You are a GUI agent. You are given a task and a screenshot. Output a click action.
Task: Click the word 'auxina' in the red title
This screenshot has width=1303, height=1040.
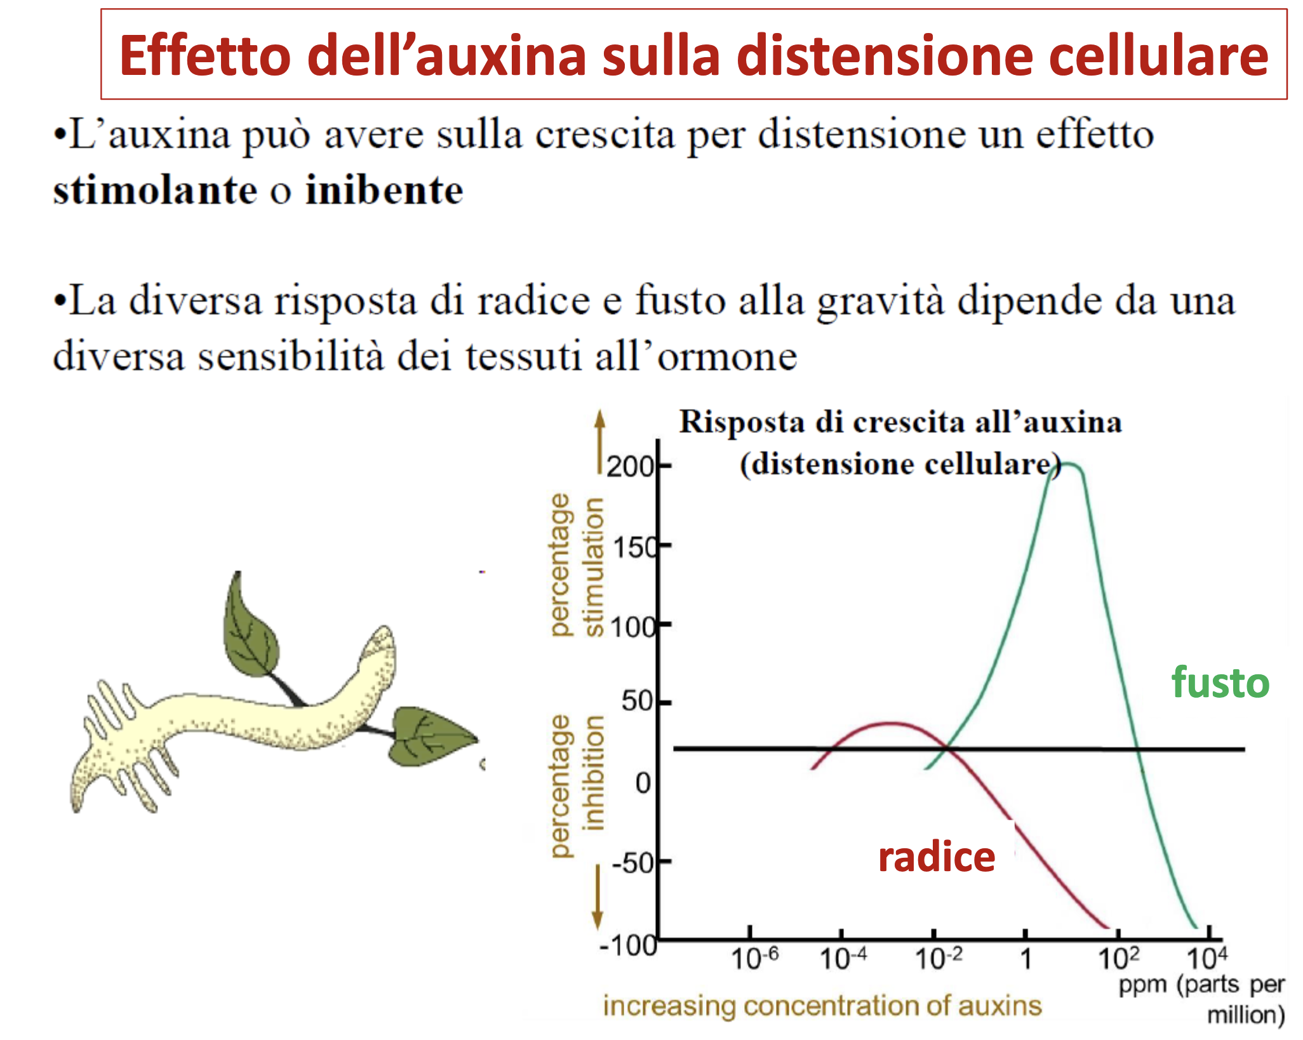pyautogui.click(x=500, y=56)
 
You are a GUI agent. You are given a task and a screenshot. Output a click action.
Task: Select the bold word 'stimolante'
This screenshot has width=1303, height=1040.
pyautogui.click(x=155, y=190)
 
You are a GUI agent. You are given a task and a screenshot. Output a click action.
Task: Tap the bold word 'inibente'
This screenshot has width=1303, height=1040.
pyautogui.click(x=384, y=190)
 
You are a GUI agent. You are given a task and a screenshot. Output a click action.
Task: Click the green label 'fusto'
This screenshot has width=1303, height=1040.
pyautogui.click(x=1220, y=683)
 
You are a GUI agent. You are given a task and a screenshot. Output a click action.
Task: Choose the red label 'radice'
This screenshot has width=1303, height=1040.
pyautogui.click(x=937, y=858)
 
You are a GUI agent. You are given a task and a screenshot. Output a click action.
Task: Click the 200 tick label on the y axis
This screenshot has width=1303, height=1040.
pyautogui.click(x=630, y=467)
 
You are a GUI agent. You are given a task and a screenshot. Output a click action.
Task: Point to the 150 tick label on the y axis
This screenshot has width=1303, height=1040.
pyautogui.click(x=633, y=547)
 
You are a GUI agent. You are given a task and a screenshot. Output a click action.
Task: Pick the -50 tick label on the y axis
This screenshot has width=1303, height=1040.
pyautogui.click(x=632, y=863)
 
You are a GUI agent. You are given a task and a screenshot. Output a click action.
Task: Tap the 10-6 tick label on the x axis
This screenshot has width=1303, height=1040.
pyautogui.click(x=754, y=958)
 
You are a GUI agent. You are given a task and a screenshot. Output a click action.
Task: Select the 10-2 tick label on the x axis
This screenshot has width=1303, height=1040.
pyautogui.click(x=939, y=958)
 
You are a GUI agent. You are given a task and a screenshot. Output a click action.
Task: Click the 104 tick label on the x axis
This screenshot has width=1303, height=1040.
pyautogui.click(x=1207, y=958)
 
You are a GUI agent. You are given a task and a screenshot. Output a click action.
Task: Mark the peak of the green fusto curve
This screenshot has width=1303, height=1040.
pyautogui.click(x=1068, y=464)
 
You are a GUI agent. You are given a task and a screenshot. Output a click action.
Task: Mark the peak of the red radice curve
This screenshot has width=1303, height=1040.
pyautogui.click(x=891, y=723)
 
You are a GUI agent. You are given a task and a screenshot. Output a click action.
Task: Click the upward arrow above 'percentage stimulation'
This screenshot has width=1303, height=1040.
pyautogui.click(x=599, y=441)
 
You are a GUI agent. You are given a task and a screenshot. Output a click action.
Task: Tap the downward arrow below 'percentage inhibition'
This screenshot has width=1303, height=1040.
pyautogui.click(x=598, y=897)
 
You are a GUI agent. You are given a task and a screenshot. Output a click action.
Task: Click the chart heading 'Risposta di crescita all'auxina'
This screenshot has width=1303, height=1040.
pyautogui.click(x=901, y=422)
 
